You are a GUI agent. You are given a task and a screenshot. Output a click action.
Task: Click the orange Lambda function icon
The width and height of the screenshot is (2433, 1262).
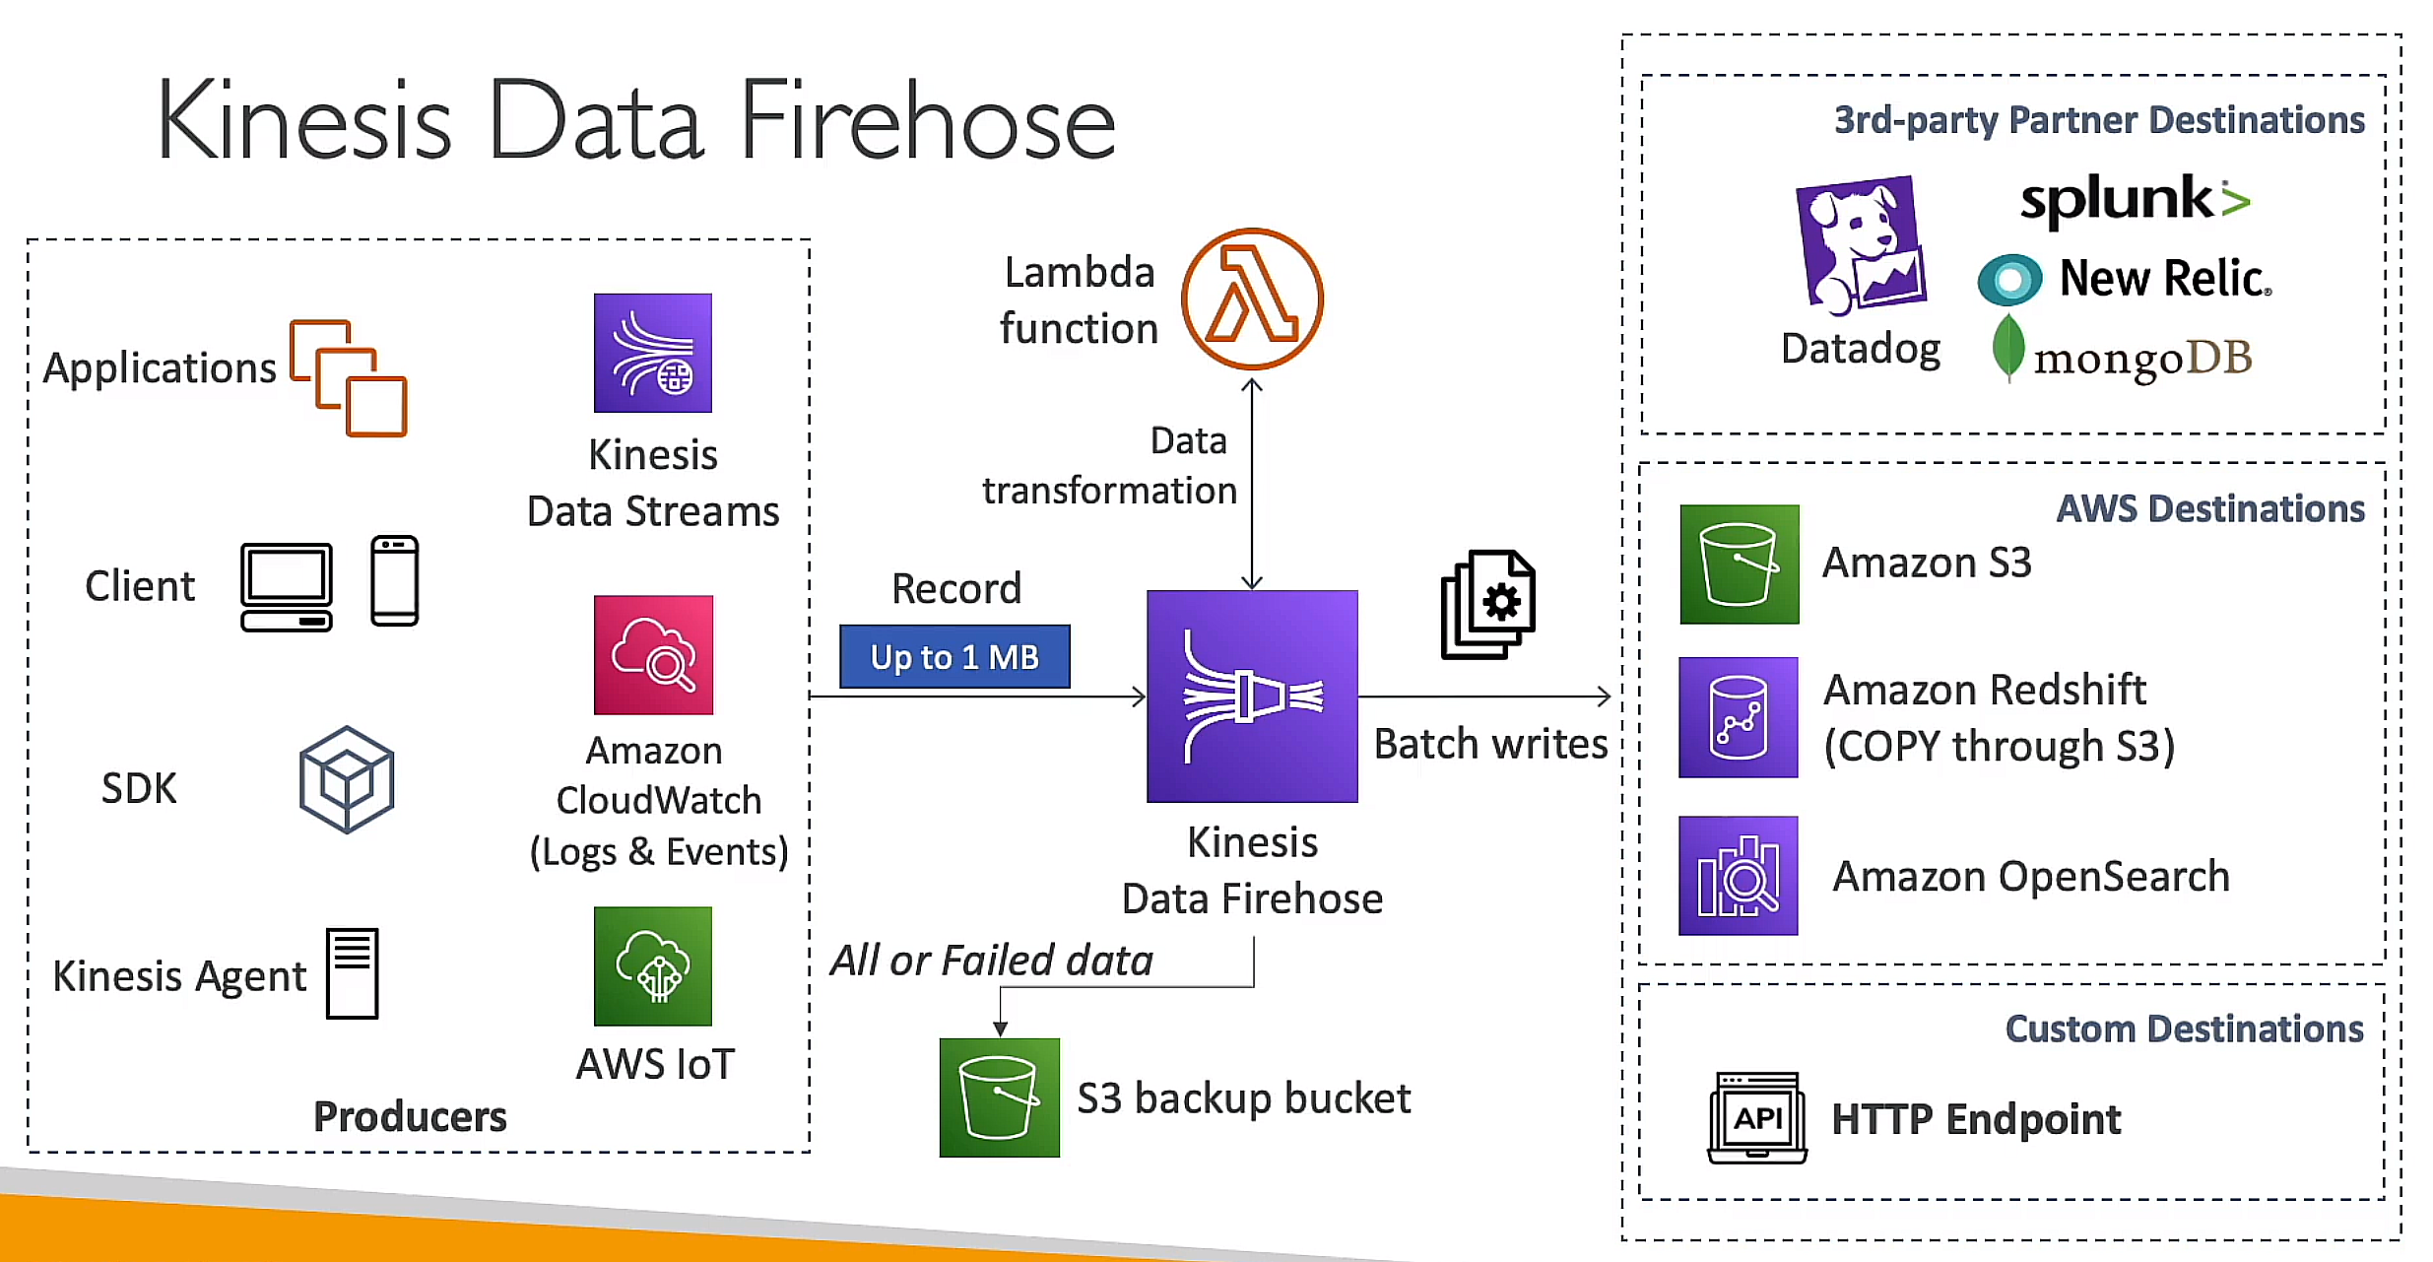[1252, 299]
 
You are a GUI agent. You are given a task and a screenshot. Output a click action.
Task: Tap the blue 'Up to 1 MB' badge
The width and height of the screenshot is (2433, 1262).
[953, 656]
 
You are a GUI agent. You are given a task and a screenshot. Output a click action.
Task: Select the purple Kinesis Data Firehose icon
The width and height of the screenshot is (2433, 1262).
[1252, 696]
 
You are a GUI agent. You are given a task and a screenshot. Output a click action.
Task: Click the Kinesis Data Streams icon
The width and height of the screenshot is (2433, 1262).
[652, 353]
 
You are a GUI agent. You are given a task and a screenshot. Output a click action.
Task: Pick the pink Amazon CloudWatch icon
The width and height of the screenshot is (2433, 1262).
[652, 654]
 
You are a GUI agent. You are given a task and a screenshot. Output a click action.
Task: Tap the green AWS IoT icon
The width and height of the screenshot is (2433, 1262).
[652, 965]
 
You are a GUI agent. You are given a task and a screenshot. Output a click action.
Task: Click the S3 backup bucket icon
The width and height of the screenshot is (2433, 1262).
[999, 1096]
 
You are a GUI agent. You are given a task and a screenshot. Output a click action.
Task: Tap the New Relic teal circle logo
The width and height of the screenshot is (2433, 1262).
[2009, 280]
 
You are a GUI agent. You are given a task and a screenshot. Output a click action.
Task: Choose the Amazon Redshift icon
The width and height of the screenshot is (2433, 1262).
[1738, 717]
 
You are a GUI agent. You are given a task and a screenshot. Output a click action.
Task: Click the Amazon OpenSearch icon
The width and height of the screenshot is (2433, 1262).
[1738, 875]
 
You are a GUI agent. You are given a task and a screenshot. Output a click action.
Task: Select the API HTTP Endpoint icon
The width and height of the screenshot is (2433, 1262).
[1757, 1118]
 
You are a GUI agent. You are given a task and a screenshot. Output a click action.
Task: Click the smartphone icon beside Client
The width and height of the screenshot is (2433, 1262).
[394, 581]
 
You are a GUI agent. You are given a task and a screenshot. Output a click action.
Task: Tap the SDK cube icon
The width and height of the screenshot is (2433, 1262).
[347, 780]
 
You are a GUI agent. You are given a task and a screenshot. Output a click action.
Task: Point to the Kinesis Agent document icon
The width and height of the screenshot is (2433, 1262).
[353, 973]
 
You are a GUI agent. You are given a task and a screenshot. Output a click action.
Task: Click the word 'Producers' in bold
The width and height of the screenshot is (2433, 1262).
[410, 1116]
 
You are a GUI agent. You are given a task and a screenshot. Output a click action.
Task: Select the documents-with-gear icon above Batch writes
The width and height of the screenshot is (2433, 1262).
[1488, 604]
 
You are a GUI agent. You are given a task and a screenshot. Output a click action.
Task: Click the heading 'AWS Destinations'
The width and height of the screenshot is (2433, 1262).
[2209, 508]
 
